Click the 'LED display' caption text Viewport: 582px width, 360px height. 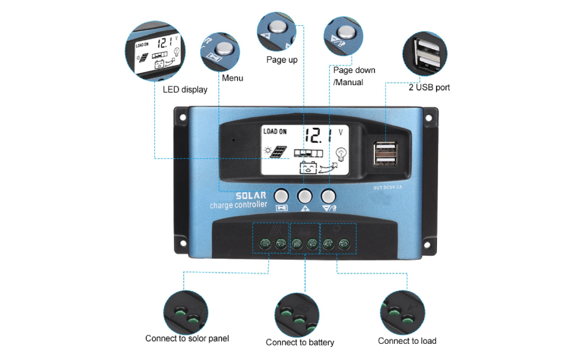(x=185, y=89)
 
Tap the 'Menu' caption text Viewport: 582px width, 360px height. (x=232, y=78)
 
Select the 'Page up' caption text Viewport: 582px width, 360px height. (x=281, y=59)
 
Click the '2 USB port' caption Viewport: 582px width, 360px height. (x=429, y=87)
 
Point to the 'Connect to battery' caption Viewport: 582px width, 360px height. (x=300, y=342)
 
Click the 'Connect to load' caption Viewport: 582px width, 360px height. (x=407, y=341)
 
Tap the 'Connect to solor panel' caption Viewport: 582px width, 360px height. (x=187, y=338)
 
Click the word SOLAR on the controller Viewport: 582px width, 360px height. (x=250, y=196)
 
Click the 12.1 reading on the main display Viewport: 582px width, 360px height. (x=315, y=135)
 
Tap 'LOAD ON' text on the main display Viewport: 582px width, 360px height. (x=275, y=131)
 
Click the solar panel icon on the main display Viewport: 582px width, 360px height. (x=278, y=153)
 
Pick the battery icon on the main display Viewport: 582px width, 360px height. (x=308, y=167)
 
